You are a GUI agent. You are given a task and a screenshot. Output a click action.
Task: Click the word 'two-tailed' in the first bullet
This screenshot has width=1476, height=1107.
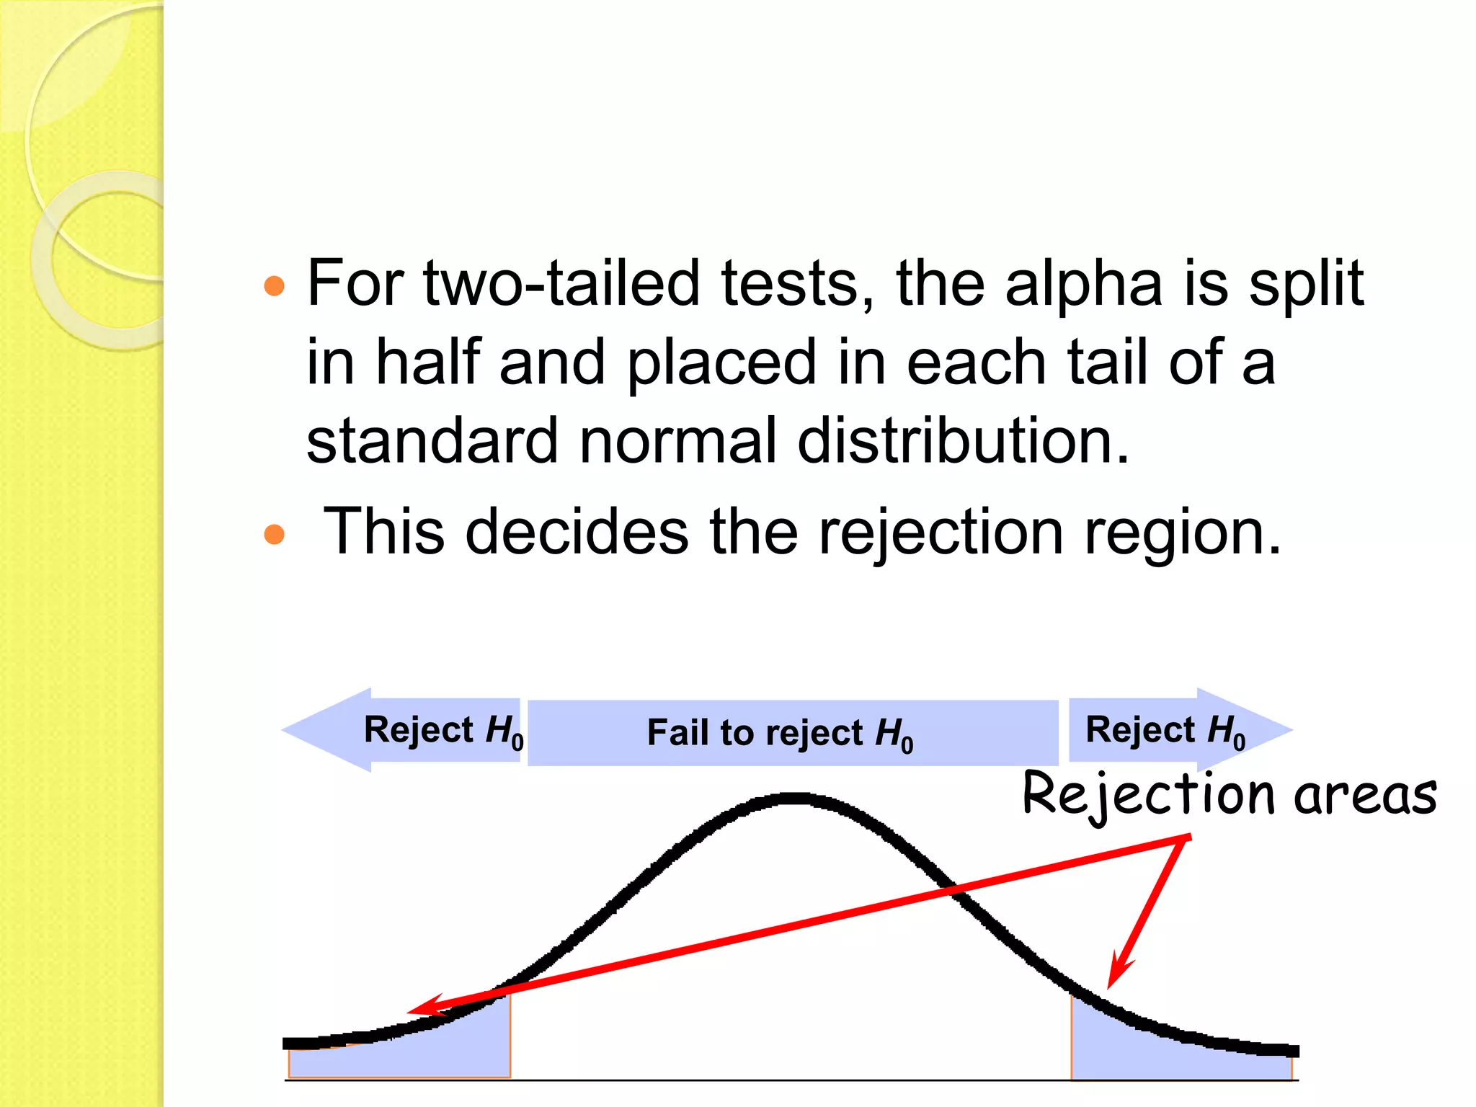pyautogui.click(x=561, y=283)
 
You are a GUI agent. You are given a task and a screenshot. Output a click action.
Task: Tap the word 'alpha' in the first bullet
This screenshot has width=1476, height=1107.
pyautogui.click(x=1083, y=283)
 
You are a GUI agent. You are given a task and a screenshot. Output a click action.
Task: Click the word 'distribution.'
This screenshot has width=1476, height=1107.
pyautogui.click(x=964, y=441)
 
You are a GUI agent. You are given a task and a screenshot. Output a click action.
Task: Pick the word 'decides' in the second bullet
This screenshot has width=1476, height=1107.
pyautogui.click(x=577, y=532)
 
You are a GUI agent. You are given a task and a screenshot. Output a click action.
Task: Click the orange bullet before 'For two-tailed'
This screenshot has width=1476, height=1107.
pyautogui.click(x=275, y=286)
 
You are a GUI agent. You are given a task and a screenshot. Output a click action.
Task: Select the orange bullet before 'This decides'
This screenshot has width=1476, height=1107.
pyautogui.click(x=275, y=534)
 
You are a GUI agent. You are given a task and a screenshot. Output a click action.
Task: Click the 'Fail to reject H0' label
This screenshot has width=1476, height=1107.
pyautogui.click(x=781, y=734)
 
